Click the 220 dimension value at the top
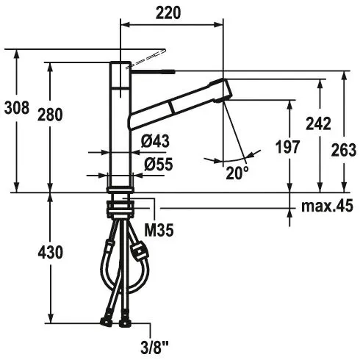pyautogui.click(x=168, y=12)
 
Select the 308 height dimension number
pyautogui.click(x=17, y=108)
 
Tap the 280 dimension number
pyautogui.click(x=50, y=115)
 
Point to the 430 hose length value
pyautogui.click(x=50, y=253)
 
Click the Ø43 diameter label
pyautogui.click(x=155, y=141)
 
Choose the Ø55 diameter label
pyautogui.click(x=159, y=164)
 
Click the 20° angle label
pyautogui.click(x=237, y=173)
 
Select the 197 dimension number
pyautogui.click(x=287, y=147)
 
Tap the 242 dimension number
pyautogui.click(x=318, y=123)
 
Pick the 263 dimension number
pyautogui.click(x=344, y=150)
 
